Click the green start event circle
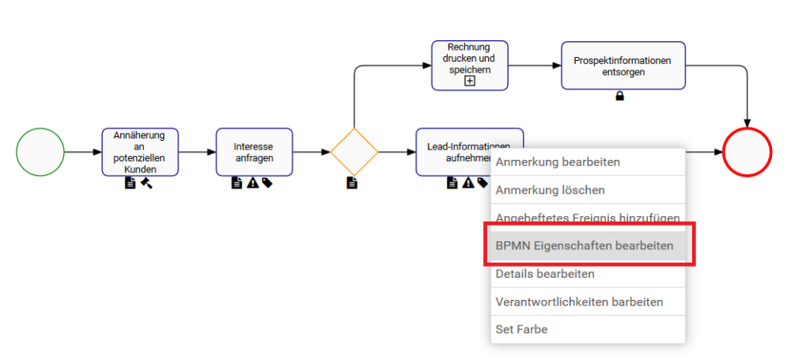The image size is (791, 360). pyautogui.click(x=40, y=152)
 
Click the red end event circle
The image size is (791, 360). pyautogui.click(x=747, y=152)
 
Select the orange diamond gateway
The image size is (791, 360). pyautogui.click(x=354, y=152)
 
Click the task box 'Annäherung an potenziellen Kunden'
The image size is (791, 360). pyautogui.click(x=140, y=152)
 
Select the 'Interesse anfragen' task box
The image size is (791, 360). pyautogui.click(x=254, y=152)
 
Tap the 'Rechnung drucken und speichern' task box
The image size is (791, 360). pyautogui.click(x=469, y=60)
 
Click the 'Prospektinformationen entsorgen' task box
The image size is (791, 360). pyautogui.click(x=623, y=66)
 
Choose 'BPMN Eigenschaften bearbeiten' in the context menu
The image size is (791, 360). pyautogui.click(x=585, y=246)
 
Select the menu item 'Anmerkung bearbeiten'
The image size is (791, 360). pyautogui.click(x=558, y=162)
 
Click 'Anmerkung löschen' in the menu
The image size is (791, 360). pyautogui.click(x=551, y=190)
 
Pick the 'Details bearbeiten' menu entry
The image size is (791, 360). pyautogui.click(x=545, y=274)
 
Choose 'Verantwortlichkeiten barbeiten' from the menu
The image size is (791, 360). pyautogui.click(x=579, y=302)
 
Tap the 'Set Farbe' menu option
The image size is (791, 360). pyautogui.click(x=521, y=329)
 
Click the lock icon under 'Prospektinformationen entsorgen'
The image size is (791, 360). pyautogui.click(x=620, y=97)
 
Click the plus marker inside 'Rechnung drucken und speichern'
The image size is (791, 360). pyautogui.click(x=469, y=81)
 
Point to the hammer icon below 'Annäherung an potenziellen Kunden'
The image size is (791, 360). pyautogui.click(x=146, y=184)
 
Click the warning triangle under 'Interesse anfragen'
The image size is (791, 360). pyautogui.click(x=252, y=184)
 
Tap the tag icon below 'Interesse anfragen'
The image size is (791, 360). pyautogui.click(x=267, y=184)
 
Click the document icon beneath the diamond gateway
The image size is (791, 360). pyautogui.click(x=352, y=184)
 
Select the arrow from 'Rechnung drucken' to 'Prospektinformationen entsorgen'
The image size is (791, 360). pyautogui.click(x=534, y=66)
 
